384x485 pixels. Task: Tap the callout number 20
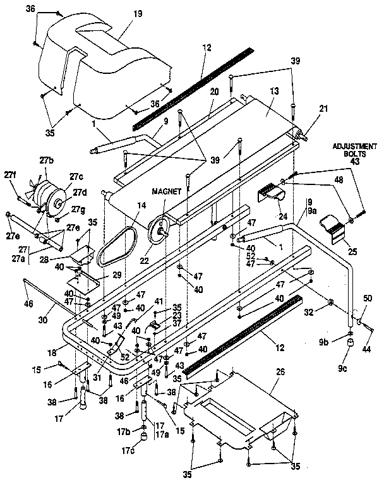click(x=214, y=91)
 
